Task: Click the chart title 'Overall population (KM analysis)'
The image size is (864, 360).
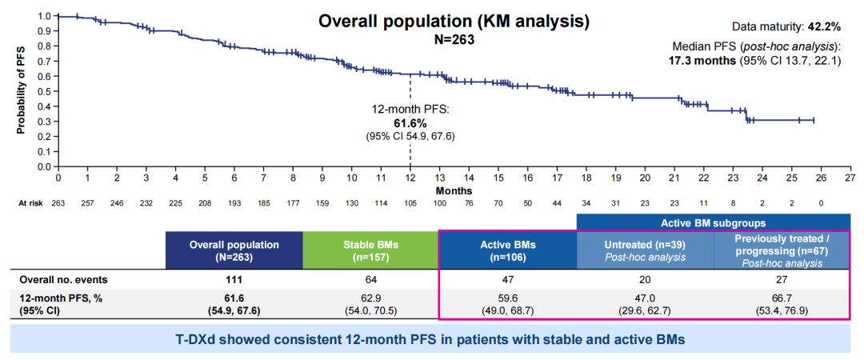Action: tap(454, 21)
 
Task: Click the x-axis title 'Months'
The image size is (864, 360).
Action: tap(454, 190)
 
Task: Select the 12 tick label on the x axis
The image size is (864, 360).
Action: tap(410, 178)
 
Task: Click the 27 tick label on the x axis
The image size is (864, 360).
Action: tap(850, 178)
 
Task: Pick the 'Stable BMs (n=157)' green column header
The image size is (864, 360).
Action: tap(370, 251)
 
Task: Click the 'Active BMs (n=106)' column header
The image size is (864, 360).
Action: tap(507, 251)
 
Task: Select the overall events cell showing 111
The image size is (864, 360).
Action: tap(234, 281)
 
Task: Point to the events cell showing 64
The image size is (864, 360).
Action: tap(370, 281)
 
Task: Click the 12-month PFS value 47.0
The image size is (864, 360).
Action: tap(645, 297)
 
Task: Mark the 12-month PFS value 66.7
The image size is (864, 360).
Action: tap(782, 297)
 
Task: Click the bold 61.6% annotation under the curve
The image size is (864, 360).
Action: tap(410, 123)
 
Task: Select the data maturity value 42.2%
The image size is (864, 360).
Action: tap(824, 26)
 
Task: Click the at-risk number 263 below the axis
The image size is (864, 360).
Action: tap(58, 203)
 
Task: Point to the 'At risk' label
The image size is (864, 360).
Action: tap(30, 203)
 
